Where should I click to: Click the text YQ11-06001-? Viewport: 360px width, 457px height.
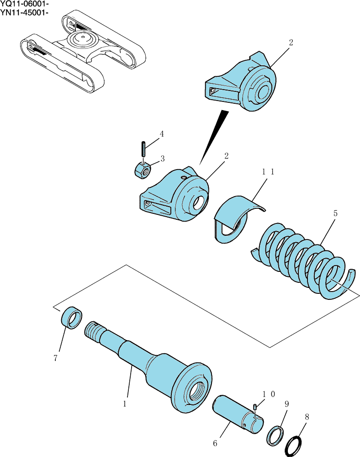[25, 4]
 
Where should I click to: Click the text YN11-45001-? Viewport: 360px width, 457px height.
[24, 12]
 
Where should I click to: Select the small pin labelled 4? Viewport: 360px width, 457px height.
[143, 149]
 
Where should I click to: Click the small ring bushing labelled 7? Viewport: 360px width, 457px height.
[71, 318]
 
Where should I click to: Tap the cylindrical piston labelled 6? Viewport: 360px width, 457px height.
[238, 414]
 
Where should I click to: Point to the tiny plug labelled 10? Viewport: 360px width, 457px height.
[255, 407]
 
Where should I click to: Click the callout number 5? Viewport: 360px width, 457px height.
[335, 213]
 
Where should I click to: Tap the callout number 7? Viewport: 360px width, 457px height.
[56, 358]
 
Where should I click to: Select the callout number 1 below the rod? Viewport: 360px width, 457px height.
[125, 404]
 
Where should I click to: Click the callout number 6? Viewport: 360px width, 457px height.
[215, 443]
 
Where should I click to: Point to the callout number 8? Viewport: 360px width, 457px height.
[307, 417]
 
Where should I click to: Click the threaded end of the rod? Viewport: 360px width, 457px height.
[94, 332]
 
